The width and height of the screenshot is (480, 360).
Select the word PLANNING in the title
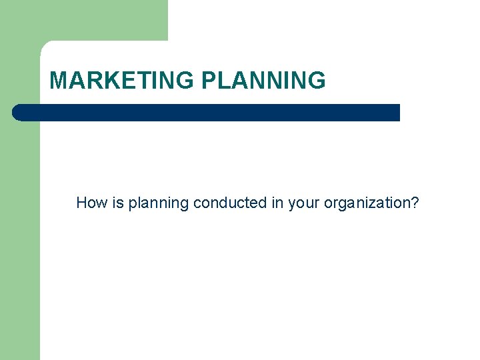pos(263,81)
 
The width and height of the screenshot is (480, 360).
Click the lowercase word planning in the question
pos(158,203)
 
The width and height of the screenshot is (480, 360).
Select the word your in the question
pos(304,203)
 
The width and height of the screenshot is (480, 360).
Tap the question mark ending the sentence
pos(415,203)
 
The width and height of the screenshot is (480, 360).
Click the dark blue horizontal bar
pos(207,113)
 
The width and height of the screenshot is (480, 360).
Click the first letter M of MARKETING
pos(58,81)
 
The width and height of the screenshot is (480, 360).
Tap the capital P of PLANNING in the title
pos(208,81)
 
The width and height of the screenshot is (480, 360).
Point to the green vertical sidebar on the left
pos(20,233)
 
